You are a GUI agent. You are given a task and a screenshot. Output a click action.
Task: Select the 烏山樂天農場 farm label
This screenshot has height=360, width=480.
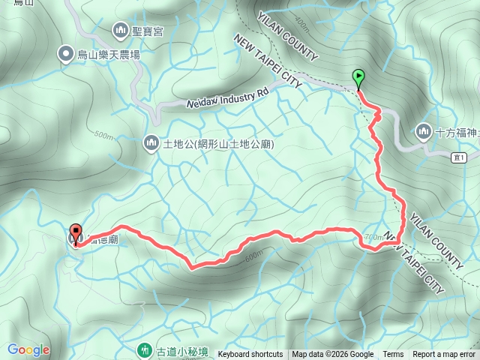109,54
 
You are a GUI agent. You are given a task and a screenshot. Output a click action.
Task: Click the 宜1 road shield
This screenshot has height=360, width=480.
459,157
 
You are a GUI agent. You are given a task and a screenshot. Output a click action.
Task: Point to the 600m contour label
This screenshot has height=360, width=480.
253,255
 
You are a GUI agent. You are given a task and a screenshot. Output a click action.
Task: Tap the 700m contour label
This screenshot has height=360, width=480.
372,236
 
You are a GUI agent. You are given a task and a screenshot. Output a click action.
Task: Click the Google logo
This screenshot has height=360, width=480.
28,349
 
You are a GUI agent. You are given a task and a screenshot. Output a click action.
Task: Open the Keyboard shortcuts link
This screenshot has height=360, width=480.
250,355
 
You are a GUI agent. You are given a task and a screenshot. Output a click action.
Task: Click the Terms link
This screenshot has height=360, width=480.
393,355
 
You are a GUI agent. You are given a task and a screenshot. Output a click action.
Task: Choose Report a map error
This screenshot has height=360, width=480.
444,355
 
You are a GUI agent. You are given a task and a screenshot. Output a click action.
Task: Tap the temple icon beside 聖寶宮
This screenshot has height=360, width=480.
120,31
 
